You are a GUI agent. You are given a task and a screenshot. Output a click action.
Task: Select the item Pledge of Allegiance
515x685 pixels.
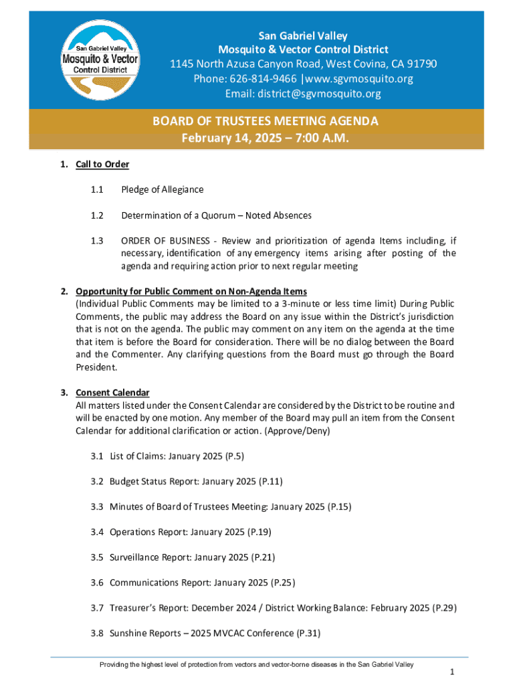[162, 190]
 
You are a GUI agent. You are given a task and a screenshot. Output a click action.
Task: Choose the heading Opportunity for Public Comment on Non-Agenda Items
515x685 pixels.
[191, 292]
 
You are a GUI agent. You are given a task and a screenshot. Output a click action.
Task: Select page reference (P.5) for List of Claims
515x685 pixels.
[234, 456]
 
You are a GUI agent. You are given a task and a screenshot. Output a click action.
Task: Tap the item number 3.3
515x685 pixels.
[97, 506]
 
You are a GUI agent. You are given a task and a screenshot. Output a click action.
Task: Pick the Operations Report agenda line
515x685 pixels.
[181, 532]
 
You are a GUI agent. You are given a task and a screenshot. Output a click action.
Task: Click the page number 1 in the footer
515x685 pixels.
[453, 672]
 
